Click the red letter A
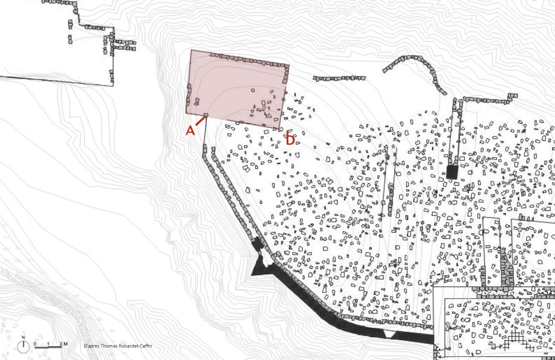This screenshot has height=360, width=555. pos(190,130)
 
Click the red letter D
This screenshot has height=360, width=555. pos(289,140)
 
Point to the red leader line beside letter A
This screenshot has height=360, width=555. pos(200,121)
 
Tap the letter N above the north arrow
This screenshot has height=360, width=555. pos(23,338)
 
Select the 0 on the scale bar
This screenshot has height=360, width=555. pos(35,343)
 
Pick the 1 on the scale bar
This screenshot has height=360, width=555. pos(48,343)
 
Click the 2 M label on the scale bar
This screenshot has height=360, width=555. pos(63,343)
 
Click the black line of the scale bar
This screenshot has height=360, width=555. pos(48,347)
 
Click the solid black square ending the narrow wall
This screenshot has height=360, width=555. pos(452,172)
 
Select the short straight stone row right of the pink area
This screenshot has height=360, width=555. pos(339,78)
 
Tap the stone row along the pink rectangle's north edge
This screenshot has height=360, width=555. pos(245,60)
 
